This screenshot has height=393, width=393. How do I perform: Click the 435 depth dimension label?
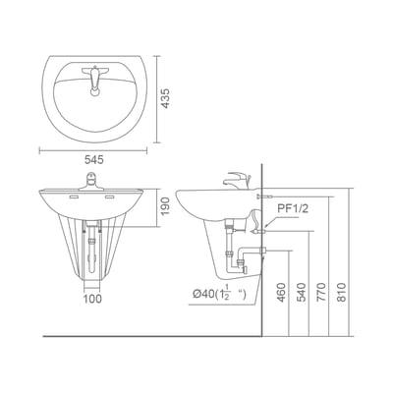[166, 98]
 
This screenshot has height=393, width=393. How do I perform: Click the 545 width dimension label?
[94, 160]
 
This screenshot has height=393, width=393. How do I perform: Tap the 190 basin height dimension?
[166, 206]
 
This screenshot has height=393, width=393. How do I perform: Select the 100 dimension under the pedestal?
[92, 299]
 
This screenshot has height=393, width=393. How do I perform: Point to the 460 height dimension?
[281, 292]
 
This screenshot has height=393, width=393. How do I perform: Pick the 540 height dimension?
[301, 292]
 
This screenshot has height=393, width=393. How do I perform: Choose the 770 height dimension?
[322, 292]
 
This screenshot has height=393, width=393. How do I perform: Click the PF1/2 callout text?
[293, 209]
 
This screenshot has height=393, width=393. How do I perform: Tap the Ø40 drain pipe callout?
[219, 293]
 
